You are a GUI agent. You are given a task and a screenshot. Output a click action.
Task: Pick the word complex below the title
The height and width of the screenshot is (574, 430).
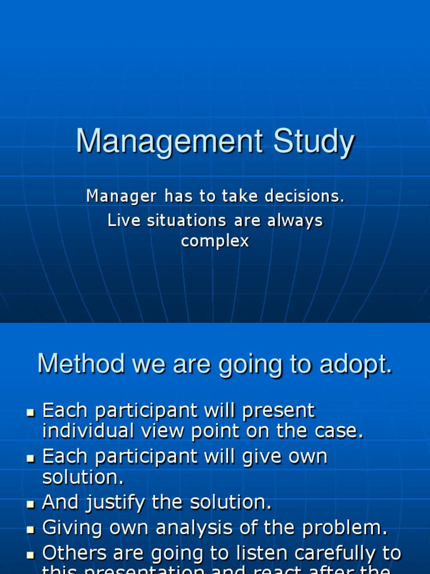[215, 242]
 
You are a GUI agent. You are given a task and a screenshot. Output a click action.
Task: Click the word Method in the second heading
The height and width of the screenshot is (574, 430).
[81, 364]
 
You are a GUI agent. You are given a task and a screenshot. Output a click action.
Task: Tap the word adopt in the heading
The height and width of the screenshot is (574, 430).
[358, 364]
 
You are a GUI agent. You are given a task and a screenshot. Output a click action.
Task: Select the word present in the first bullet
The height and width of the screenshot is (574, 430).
[278, 411]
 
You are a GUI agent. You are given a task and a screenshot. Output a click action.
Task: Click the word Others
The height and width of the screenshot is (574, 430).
[74, 553]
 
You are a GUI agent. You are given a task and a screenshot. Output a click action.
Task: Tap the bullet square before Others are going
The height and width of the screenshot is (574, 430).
[31, 554]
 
